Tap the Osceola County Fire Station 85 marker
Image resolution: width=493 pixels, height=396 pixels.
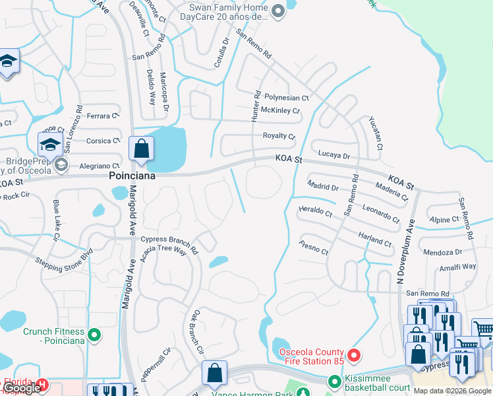point(353,356)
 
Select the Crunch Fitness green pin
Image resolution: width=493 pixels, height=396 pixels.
point(94,336)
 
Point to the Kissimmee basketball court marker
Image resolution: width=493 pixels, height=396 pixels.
point(335,381)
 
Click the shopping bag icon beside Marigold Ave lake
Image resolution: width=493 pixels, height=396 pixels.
point(142,150)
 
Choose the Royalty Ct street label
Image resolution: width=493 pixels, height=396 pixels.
point(279,136)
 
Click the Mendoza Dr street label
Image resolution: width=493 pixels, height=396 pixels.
point(442,252)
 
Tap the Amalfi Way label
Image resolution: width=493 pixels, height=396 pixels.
point(459,267)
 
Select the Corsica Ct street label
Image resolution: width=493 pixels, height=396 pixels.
point(103,141)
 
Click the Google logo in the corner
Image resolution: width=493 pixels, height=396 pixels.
point(22,388)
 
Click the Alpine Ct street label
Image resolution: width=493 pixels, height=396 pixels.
point(443,219)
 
